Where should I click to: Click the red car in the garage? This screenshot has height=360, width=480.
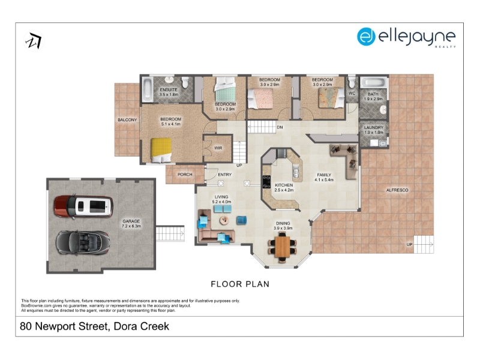tap(83, 206)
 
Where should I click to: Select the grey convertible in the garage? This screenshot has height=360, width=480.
tap(83, 242)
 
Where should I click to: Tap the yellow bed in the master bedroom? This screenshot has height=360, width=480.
tap(161, 150)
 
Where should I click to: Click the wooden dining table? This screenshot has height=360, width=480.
tap(282, 247)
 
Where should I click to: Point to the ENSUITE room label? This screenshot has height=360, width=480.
tap(169, 89)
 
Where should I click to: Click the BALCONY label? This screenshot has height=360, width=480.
tap(127, 119)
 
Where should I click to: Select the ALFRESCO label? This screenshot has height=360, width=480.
tap(397, 190)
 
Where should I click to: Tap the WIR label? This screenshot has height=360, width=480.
tap(218, 148)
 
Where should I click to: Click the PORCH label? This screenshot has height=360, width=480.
tap(185, 175)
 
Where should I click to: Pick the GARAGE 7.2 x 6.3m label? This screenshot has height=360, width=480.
tap(131, 223)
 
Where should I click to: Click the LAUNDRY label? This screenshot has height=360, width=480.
tap(374, 127)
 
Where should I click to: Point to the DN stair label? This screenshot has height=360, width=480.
tap(280, 127)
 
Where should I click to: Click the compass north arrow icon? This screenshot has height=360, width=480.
tap(34, 41)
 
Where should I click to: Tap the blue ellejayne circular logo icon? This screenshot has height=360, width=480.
tap(366, 37)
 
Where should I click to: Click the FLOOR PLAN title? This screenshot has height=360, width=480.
tap(240, 284)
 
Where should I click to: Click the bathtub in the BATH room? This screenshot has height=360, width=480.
tap(373, 82)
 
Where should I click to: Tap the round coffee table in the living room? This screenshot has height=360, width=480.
tap(224, 220)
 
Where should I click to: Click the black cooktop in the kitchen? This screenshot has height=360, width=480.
tap(266, 182)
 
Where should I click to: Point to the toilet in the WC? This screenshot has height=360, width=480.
tap(352, 82)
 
